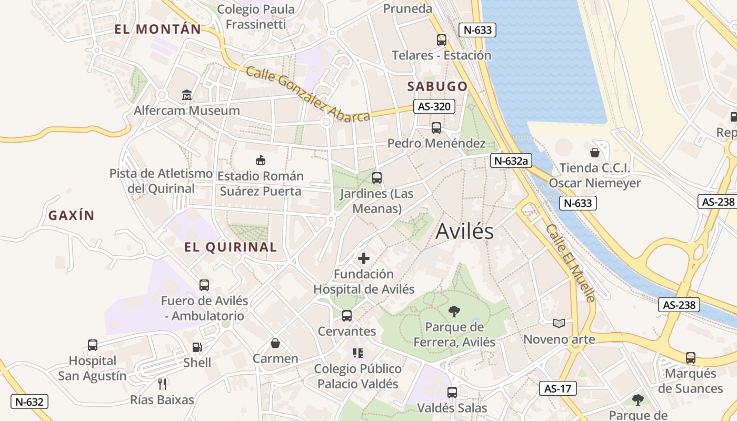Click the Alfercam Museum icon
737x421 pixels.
[x=187, y=95]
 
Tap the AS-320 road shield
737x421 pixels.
[x=433, y=106]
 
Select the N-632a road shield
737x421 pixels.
[x=509, y=161]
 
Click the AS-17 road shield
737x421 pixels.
[x=558, y=389]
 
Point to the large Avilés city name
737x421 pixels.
[x=465, y=232]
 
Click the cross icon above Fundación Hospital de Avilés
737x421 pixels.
[x=364, y=258]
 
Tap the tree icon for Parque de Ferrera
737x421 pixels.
[x=454, y=312]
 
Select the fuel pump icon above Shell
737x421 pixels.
[x=197, y=347]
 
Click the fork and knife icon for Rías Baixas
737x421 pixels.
[x=162, y=384]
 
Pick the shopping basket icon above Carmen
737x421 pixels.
[x=275, y=344]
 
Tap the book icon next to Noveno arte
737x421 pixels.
[x=559, y=323]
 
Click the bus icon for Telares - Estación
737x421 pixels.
[x=441, y=39]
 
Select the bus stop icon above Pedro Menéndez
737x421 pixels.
[x=436, y=127]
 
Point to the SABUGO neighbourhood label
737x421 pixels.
[x=437, y=86]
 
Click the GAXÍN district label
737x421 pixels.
[x=71, y=215]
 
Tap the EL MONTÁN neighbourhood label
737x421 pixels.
[x=158, y=29]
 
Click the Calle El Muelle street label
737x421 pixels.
[x=571, y=263]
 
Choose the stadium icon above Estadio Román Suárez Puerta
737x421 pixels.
[x=260, y=160]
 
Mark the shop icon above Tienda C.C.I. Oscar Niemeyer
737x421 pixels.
[x=595, y=153]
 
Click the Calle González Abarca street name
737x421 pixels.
[x=308, y=95]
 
